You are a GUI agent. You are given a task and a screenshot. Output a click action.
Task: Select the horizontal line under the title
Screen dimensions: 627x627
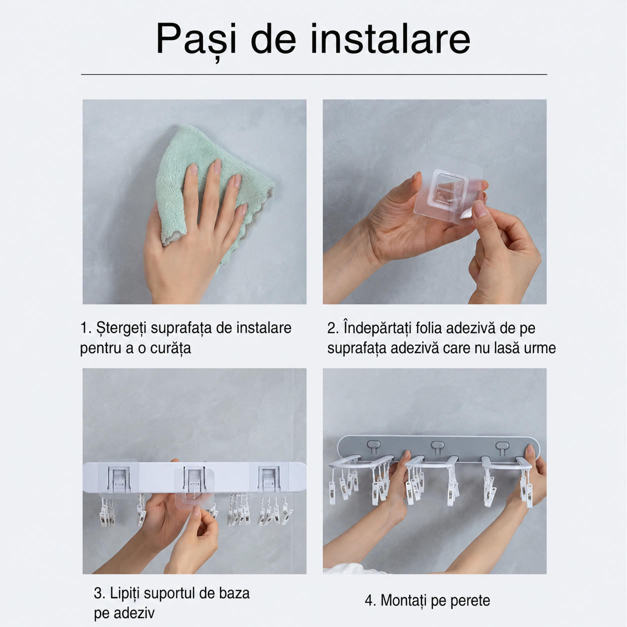(x=314, y=74)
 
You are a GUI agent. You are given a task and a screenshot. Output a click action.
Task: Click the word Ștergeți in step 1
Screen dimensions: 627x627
(x=121, y=328)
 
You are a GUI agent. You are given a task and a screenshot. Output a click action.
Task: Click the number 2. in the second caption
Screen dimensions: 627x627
(x=333, y=328)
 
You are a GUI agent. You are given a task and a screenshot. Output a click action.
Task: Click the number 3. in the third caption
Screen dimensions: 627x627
(x=99, y=593)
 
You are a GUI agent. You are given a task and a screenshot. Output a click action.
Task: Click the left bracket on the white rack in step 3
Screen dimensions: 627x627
(x=119, y=478)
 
